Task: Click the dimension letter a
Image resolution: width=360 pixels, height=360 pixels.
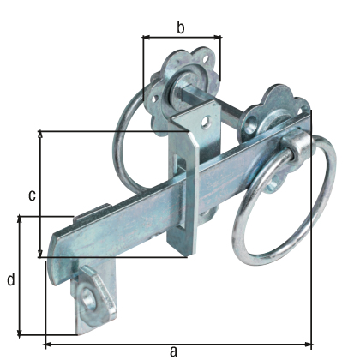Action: [x=174, y=350]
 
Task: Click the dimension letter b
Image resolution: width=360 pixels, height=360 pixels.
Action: [x=180, y=27]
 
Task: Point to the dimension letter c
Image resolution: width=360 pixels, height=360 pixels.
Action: [x=32, y=195]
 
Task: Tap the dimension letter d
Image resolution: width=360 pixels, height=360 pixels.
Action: [x=10, y=279]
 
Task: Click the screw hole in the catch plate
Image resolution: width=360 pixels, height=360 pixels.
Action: [x=90, y=297]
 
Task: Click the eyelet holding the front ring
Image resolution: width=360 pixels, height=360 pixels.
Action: [x=296, y=146]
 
